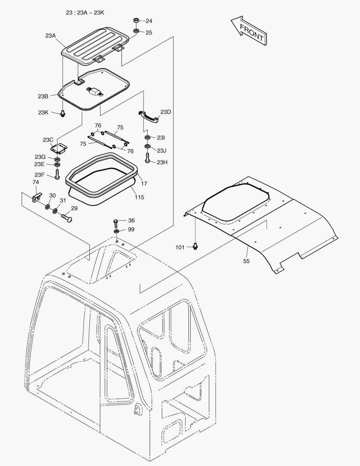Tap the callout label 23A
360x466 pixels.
point(50,36)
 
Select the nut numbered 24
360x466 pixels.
point(136,20)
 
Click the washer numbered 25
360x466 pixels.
point(136,31)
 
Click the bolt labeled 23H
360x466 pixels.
point(147,158)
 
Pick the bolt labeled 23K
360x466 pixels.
point(63,113)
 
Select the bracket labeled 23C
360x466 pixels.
point(59,149)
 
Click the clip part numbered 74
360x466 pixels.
point(36,197)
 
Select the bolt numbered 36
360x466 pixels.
point(116,222)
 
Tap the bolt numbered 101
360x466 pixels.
point(195,246)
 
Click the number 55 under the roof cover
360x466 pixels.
point(246,261)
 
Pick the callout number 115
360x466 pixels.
point(139,198)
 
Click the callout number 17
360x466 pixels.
point(144,183)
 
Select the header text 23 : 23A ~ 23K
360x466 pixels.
point(85,13)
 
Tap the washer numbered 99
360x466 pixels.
point(117,231)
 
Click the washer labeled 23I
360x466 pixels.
point(147,138)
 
